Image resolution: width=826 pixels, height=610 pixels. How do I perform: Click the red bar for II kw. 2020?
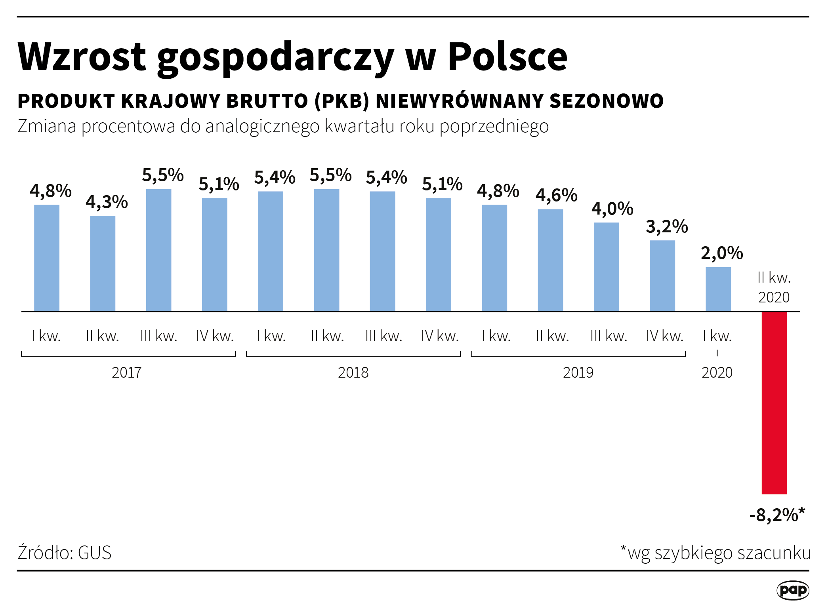tap(774, 403)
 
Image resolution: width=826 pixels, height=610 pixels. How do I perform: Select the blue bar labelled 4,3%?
tap(103, 263)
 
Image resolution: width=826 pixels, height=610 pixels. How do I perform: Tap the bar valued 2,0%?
tap(718, 289)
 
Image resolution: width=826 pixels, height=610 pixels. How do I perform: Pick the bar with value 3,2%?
tap(662, 276)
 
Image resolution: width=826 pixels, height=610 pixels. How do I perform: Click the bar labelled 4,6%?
tap(550, 260)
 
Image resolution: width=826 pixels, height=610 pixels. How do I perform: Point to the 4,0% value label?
tap(612, 209)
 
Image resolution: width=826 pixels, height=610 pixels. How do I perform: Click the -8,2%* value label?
tap(777, 515)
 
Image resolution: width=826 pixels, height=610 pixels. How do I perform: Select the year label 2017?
tap(126, 372)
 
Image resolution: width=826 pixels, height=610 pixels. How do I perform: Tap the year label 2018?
tap(353, 372)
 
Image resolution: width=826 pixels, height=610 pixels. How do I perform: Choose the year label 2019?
tap(578, 372)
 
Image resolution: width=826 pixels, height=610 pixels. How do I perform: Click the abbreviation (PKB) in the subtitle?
tap(342, 101)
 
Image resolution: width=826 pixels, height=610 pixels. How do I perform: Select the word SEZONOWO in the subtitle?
tap(606, 101)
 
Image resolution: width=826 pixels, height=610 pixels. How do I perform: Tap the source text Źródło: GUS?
tap(65, 553)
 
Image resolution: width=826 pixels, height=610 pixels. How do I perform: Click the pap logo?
tap(792, 590)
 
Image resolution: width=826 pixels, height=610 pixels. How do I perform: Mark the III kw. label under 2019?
tap(609, 336)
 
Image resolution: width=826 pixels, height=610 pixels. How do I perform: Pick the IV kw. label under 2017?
tap(215, 336)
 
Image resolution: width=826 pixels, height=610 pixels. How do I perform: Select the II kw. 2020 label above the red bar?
tap(774, 287)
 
